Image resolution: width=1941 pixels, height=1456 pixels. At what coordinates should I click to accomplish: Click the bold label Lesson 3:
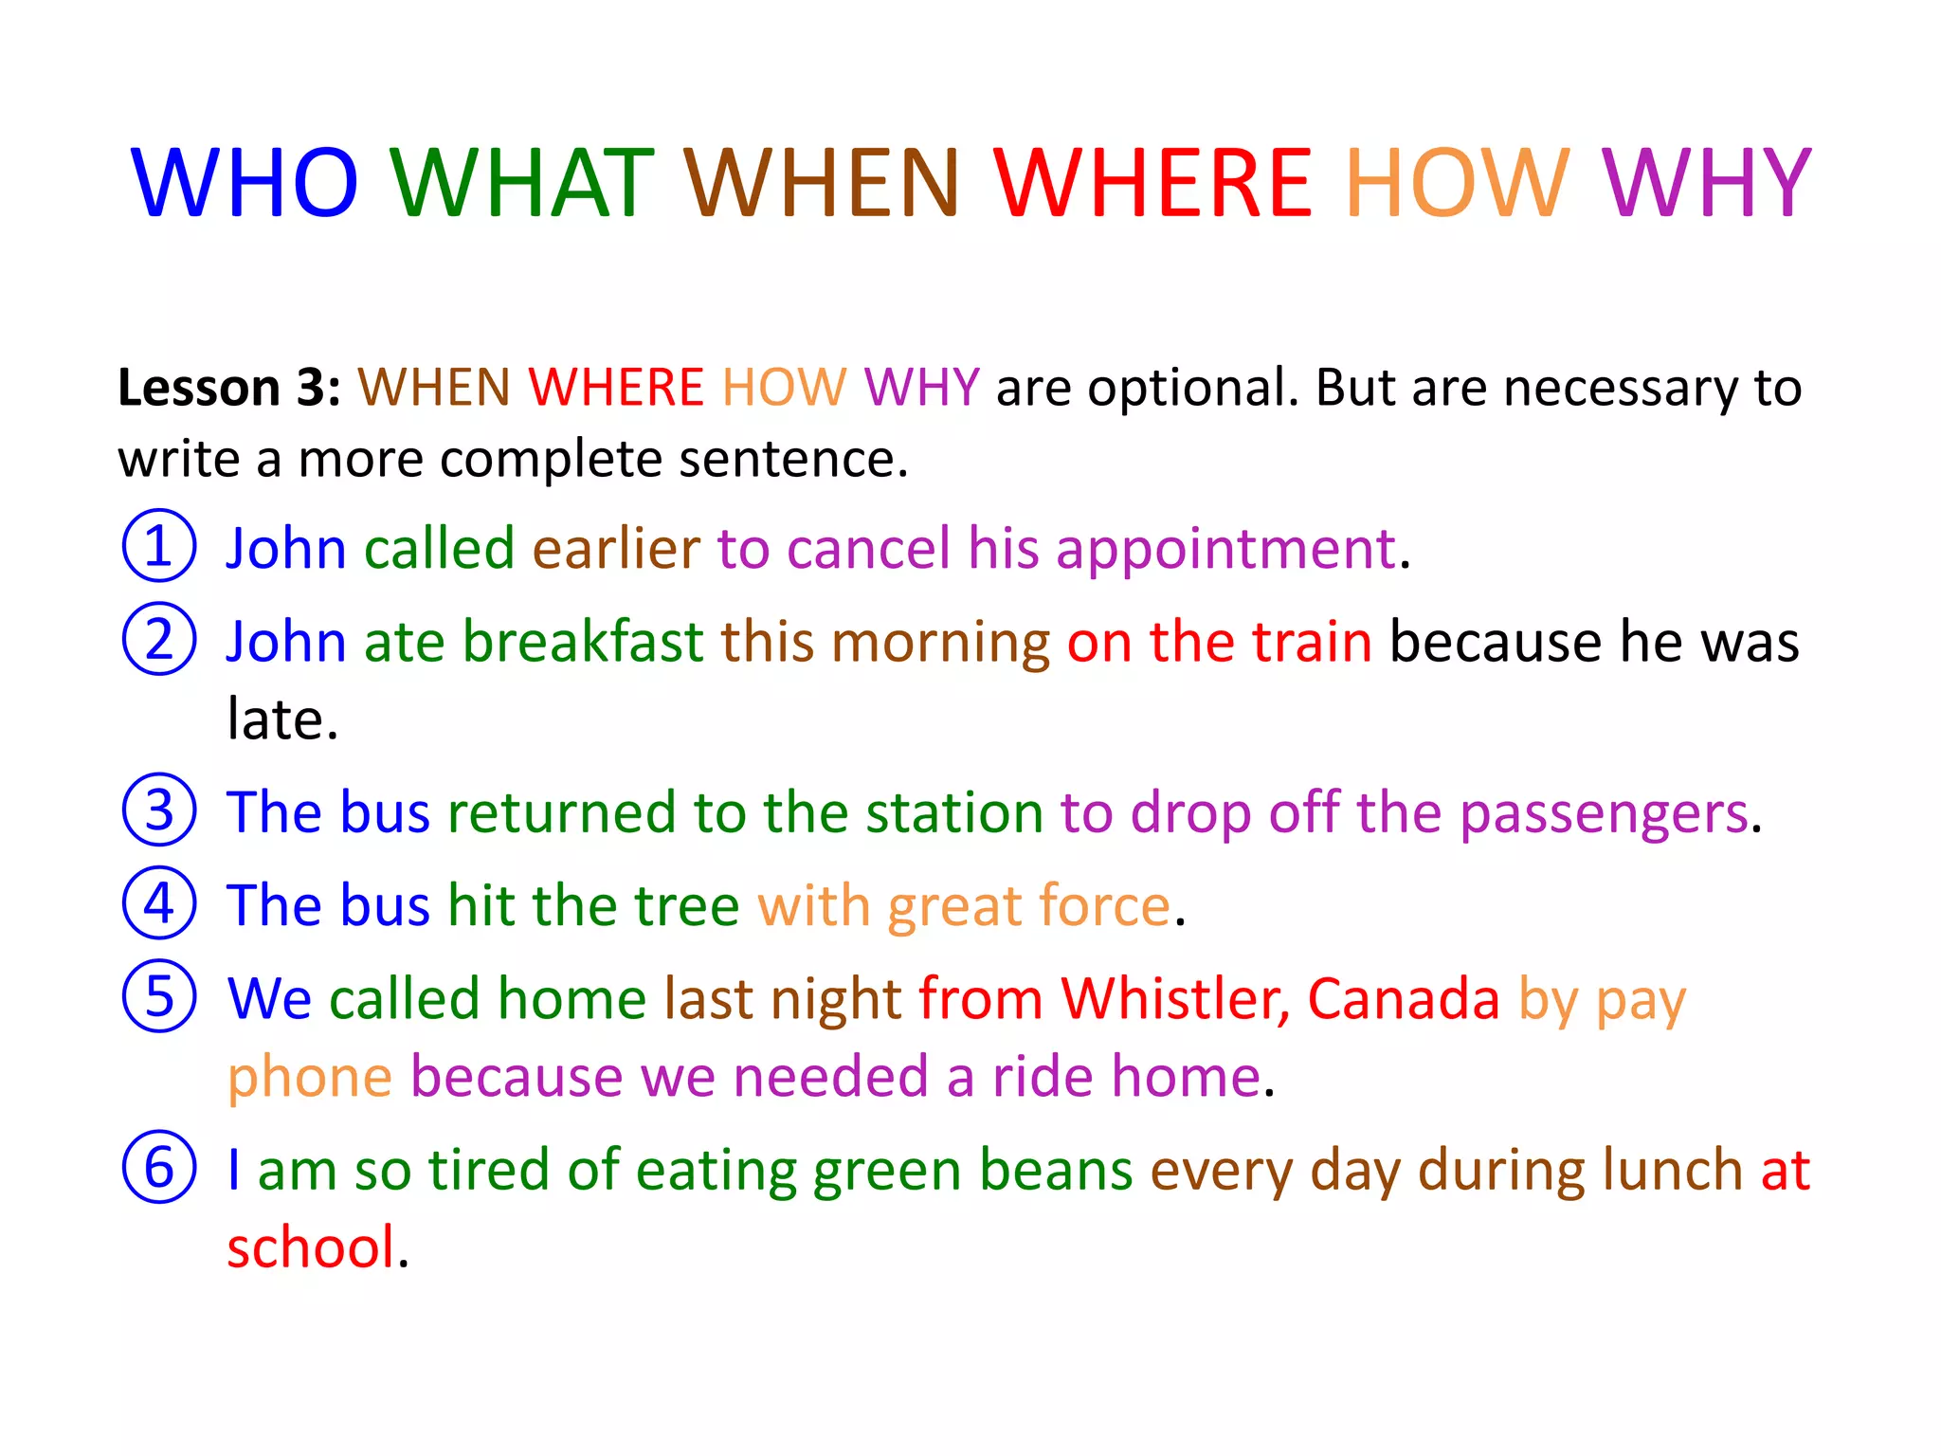228,388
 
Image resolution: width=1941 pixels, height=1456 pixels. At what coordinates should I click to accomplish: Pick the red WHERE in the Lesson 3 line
616,388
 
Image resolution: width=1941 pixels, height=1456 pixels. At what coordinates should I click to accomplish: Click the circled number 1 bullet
159,546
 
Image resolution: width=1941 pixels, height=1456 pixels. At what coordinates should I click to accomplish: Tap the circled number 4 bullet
159,903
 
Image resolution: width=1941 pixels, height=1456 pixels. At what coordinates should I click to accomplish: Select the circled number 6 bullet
159,1167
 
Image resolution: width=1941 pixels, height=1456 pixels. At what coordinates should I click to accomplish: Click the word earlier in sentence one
616,549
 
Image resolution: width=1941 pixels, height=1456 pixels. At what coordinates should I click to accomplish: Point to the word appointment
1226,549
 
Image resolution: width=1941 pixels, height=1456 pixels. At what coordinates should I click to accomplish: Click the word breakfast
583,642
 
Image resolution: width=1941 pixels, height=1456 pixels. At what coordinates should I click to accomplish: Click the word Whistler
1175,999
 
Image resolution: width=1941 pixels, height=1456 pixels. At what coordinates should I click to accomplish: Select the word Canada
1404,999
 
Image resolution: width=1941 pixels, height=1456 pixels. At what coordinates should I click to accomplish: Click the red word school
311,1247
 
